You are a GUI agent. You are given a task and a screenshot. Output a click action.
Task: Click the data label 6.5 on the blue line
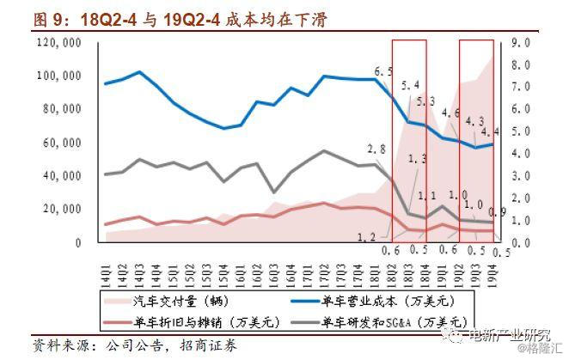[383, 70]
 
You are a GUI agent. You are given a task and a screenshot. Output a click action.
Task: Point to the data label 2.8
[376, 149]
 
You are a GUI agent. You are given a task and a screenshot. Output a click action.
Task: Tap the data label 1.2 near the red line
[365, 235]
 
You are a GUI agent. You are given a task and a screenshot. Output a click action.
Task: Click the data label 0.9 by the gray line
[497, 212]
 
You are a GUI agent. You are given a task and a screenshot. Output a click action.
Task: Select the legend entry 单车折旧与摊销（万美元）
[193, 322]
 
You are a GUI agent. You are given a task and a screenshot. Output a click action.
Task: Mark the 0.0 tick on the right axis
[522, 242]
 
